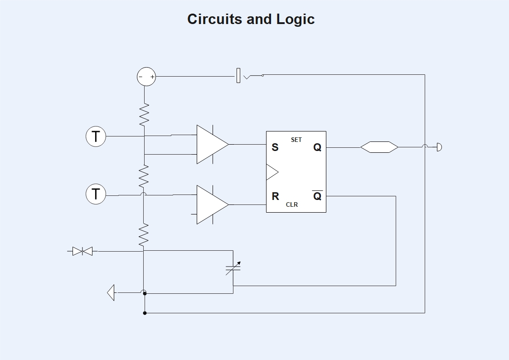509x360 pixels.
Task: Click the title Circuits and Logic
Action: pos(251,19)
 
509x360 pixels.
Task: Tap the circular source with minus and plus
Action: pos(146,77)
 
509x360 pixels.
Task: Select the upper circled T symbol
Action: pos(96,136)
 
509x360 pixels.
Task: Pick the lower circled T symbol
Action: pos(96,195)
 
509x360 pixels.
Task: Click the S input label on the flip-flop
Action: pos(275,147)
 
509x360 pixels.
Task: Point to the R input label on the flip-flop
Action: pos(275,196)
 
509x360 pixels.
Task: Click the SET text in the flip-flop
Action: pos(296,140)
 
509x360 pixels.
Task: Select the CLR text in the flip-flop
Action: pos(292,204)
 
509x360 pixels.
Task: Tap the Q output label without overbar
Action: pos(317,147)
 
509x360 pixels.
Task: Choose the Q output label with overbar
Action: pos(317,196)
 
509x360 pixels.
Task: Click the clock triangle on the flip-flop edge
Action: pos(271,172)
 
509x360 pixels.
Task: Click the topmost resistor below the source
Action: pos(144,115)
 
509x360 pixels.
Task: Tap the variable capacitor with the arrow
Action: pos(233,268)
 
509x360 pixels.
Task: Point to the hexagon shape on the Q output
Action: pos(379,147)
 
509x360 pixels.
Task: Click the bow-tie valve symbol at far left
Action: pos(82,251)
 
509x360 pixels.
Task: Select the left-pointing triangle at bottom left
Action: pos(111,292)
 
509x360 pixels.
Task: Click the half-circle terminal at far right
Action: pos(439,147)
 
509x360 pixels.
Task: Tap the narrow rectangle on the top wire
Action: pos(238,76)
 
